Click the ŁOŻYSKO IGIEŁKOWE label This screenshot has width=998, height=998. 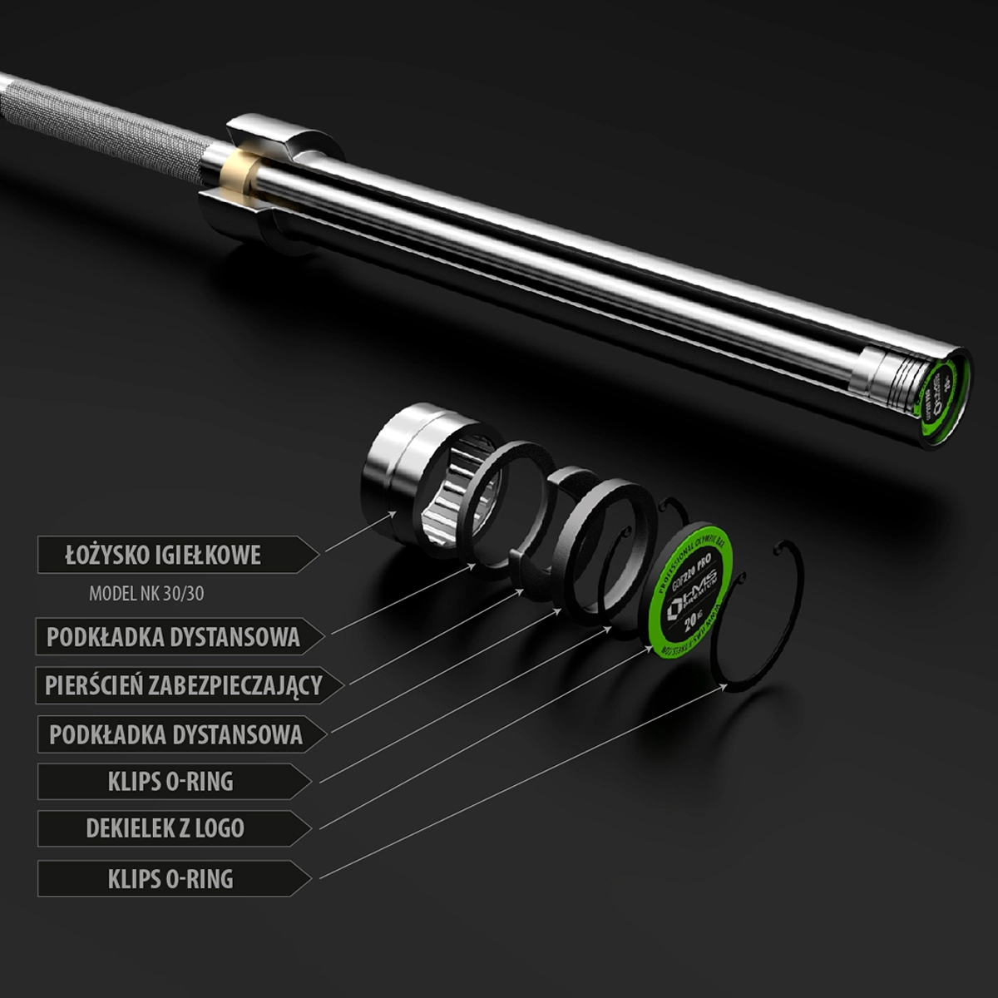pyautogui.click(x=163, y=556)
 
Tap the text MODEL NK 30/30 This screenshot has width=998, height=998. pyautogui.click(x=146, y=595)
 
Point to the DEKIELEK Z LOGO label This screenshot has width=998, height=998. pyautogui.click(x=165, y=828)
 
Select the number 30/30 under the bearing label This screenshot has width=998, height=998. pyautogui.click(x=184, y=595)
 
